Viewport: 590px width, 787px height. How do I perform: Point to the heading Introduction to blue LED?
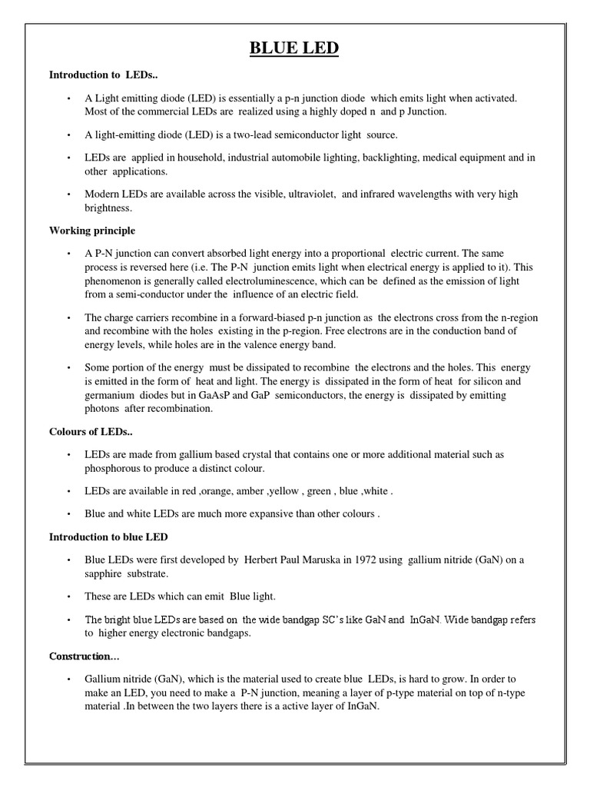[x=108, y=536]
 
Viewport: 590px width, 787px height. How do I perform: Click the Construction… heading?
[x=85, y=656]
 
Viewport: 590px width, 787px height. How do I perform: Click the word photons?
[x=102, y=409]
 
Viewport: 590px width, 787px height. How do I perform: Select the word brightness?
[x=108, y=208]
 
